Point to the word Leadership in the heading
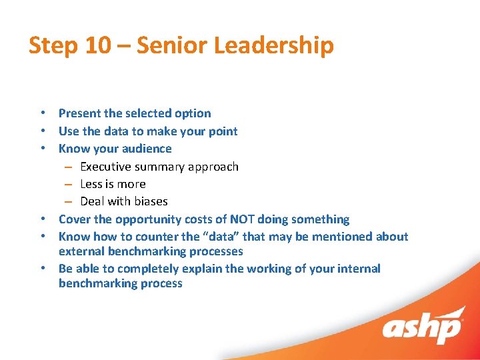click(283, 46)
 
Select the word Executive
click(106, 167)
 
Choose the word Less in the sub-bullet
click(92, 184)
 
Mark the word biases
click(151, 201)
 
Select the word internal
click(357, 269)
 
